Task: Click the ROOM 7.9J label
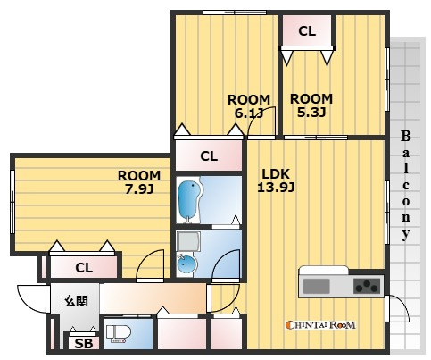[139, 182]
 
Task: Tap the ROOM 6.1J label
[249, 106]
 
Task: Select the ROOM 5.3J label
[311, 105]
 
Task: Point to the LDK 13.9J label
[276, 180]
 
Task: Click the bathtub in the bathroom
[188, 201]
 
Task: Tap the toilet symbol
[119, 333]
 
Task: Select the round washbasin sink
[186, 264]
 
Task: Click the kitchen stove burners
[367, 286]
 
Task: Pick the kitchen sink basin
[316, 286]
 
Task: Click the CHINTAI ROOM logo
[320, 324]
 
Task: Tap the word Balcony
[406, 186]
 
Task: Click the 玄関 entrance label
[76, 301]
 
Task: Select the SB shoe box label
[84, 344]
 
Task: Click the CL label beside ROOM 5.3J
[307, 31]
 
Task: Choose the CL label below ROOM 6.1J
[209, 156]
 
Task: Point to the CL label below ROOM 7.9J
[84, 268]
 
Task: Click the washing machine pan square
[188, 241]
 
